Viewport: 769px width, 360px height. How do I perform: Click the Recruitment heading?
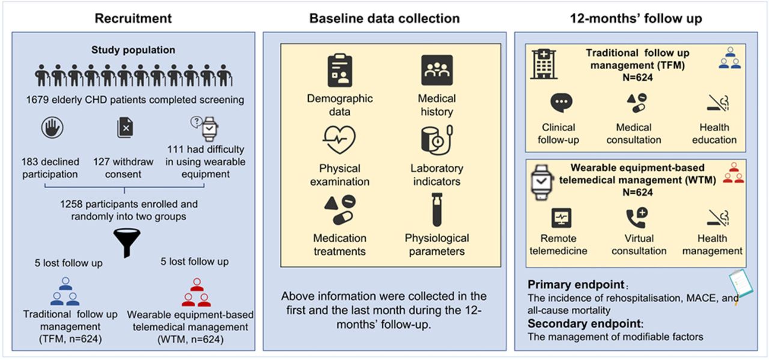pyautogui.click(x=133, y=18)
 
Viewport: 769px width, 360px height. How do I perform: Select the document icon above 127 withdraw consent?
pyautogui.click(x=125, y=128)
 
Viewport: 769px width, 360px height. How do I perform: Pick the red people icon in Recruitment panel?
pyautogui.click(x=196, y=291)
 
